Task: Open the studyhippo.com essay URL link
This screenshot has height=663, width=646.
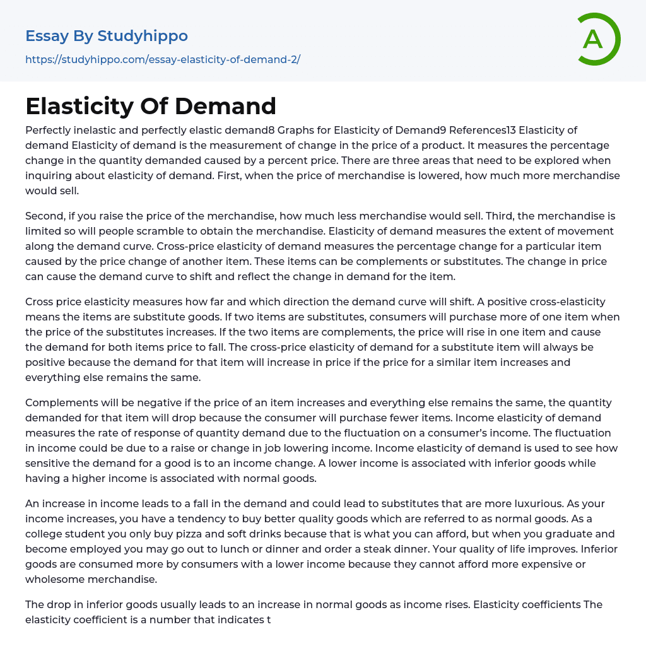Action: pyautogui.click(x=163, y=59)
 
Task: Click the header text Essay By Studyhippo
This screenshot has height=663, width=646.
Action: pyautogui.click(x=107, y=36)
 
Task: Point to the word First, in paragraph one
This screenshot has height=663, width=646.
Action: pyautogui.click(x=226, y=176)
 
